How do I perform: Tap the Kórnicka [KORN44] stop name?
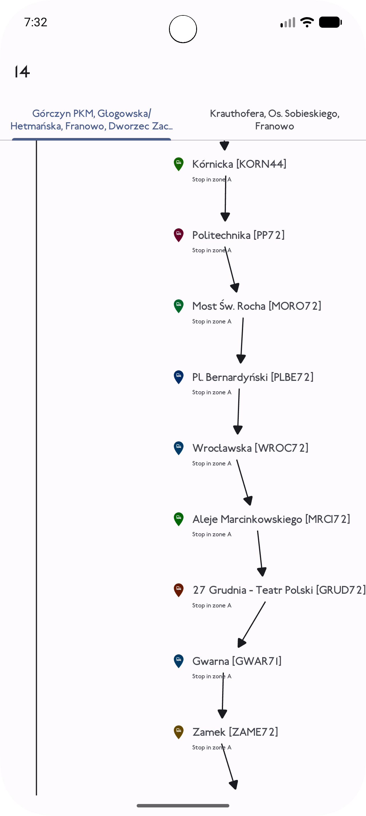tap(239, 164)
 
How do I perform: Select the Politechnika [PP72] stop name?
tap(238, 235)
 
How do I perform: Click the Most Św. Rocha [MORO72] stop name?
tap(257, 306)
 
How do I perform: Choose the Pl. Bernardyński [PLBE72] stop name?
tap(253, 377)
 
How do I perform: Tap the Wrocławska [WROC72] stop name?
tap(250, 448)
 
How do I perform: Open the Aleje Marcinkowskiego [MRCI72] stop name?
tap(271, 519)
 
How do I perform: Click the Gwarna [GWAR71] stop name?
tap(237, 661)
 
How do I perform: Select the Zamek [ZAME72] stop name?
tap(235, 732)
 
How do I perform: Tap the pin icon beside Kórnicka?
tap(179, 164)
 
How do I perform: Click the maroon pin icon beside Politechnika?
tap(179, 235)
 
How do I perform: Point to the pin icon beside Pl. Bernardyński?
tap(179, 377)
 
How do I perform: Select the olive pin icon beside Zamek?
tap(179, 732)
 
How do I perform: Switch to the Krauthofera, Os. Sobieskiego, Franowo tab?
tap(274, 120)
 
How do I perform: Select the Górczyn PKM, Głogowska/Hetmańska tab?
tap(91, 120)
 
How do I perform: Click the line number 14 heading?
tap(22, 72)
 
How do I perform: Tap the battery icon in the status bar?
tap(330, 22)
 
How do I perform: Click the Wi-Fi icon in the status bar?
tap(307, 22)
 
